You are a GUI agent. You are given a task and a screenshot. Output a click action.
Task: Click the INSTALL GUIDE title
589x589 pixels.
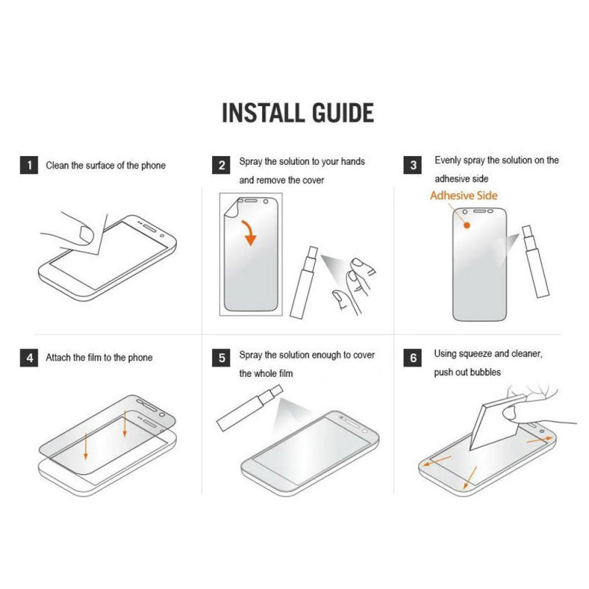(x=297, y=113)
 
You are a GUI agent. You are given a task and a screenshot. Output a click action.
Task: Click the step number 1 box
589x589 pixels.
(x=29, y=165)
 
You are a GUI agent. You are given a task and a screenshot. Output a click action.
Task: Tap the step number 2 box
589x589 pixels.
(x=222, y=165)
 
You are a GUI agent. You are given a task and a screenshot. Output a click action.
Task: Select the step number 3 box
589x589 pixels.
(x=414, y=165)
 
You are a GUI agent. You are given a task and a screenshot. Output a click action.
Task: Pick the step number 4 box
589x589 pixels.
(x=29, y=359)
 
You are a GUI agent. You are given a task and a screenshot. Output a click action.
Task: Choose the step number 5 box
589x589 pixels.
(x=222, y=359)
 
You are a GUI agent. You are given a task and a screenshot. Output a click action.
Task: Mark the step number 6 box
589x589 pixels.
(x=414, y=359)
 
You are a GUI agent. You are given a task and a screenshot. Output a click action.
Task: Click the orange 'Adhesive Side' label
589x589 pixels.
(x=463, y=196)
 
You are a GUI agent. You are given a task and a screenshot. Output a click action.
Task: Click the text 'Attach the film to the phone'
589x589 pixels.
(x=99, y=358)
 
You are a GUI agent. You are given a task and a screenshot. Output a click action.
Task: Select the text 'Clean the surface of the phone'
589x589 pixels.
(x=105, y=166)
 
